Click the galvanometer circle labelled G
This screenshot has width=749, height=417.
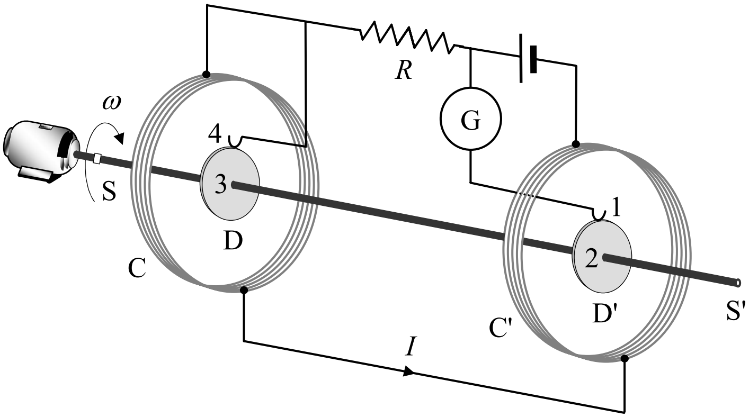[x=470, y=119]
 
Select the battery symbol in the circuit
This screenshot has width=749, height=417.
[x=528, y=58]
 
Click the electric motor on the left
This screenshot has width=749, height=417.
[x=41, y=151]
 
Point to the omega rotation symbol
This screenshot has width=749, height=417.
[x=111, y=104]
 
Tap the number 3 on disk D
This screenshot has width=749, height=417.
[x=220, y=185]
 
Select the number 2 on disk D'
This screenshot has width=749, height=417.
[x=592, y=259]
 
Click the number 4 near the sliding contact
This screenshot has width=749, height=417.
[x=215, y=134]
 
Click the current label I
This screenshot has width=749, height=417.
[x=411, y=346]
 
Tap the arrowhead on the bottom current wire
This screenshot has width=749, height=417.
[x=408, y=371]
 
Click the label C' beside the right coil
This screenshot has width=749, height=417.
[x=501, y=328]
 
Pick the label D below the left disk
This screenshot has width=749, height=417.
[x=233, y=241]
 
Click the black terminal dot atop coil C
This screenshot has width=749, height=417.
[x=207, y=74]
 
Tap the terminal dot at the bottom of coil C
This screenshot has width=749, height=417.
[x=244, y=290]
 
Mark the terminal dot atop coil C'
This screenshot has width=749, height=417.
[x=576, y=144]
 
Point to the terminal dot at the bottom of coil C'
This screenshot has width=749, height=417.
[x=624, y=359]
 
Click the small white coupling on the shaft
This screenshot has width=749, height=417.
[x=97, y=158]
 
